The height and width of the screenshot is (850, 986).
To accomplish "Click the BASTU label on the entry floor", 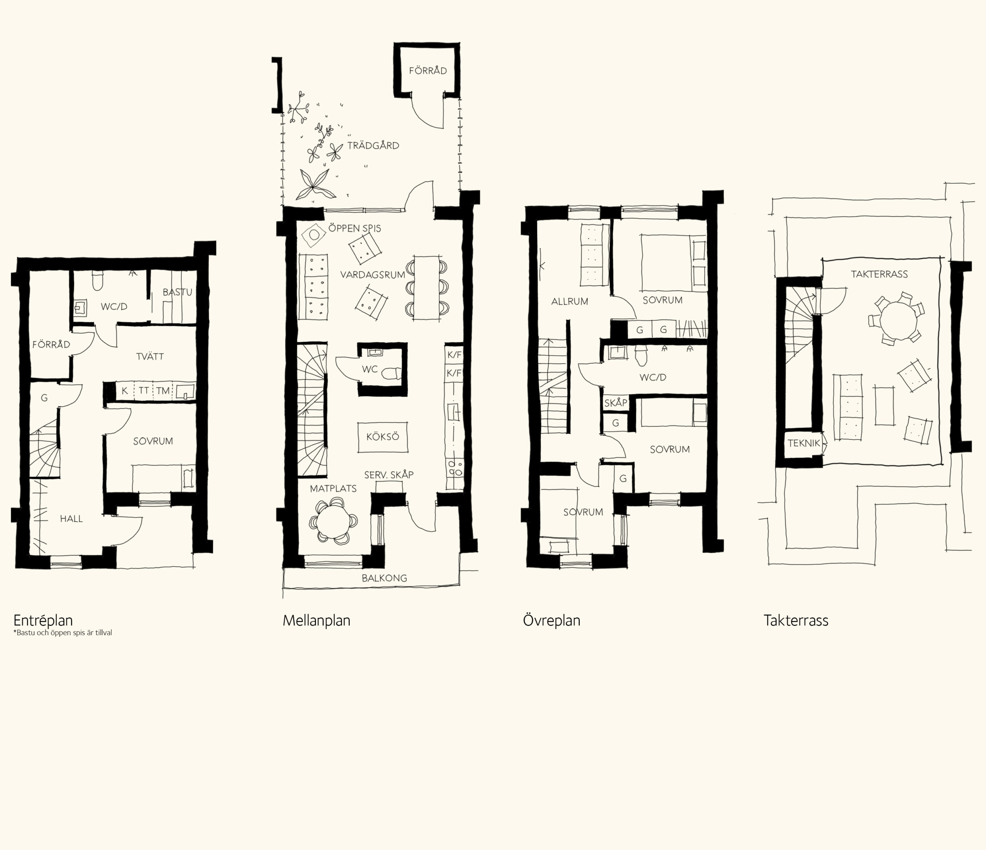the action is (x=178, y=292).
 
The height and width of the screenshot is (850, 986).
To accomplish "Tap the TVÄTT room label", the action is (x=150, y=356).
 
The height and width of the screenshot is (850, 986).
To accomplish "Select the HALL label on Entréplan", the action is (x=71, y=519).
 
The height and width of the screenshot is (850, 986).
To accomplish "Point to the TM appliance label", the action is (x=163, y=390).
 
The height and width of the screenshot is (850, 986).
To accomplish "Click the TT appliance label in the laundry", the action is (x=144, y=390).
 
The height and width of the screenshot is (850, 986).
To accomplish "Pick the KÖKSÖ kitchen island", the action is (x=382, y=437).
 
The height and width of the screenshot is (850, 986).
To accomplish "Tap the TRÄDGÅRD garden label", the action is (x=373, y=146).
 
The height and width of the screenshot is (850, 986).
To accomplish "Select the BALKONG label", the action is (x=384, y=578).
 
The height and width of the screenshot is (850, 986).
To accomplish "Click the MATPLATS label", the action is (x=333, y=489).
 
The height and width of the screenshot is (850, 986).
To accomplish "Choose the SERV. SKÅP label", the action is (x=389, y=475).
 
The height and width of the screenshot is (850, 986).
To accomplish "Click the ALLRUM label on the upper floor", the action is (x=570, y=301).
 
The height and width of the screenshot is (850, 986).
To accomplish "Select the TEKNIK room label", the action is (x=804, y=443).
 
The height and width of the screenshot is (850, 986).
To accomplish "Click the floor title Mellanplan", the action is (x=317, y=620).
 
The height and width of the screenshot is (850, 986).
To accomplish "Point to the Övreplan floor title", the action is (x=552, y=620).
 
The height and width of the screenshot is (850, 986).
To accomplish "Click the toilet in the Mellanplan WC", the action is (x=392, y=374).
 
